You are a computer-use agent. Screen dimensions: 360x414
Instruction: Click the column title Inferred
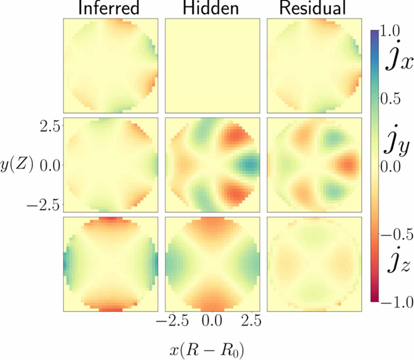[x=109, y=9]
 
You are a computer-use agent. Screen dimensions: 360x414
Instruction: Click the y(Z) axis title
[x=17, y=165]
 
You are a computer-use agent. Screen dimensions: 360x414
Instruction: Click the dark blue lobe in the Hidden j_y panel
[x=248, y=164]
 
